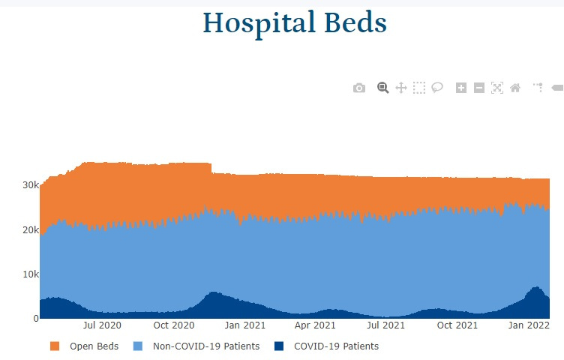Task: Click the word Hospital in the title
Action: [x=259, y=24]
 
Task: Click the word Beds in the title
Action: [x=355, y=22]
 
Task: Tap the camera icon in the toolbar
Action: [x=359, y=88]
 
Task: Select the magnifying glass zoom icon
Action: [x=382, y=88]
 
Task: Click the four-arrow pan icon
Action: [x=401, y=88]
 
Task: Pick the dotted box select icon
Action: [x=419, y=88]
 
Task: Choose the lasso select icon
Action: [x=437, y=88]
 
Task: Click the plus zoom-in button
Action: [x=461, y=88]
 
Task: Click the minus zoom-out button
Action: [x=479, y=88]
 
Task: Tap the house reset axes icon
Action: [x=515, y=88]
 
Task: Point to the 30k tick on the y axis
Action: [x=31, y=184]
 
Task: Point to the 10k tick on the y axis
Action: [x=31, y=274]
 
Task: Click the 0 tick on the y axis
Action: [x=36, y=318]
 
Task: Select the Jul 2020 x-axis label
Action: [x=102, y=325]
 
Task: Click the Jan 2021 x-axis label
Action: [x=245, y=325]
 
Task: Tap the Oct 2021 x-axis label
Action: [x=457, y=325]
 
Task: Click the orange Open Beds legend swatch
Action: [x=55, y=346]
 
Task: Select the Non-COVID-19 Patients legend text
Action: [x=206, y=346]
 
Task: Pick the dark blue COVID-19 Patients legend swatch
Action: [x=279, y=346]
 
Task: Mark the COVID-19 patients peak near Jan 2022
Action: [x=537, y=287]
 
